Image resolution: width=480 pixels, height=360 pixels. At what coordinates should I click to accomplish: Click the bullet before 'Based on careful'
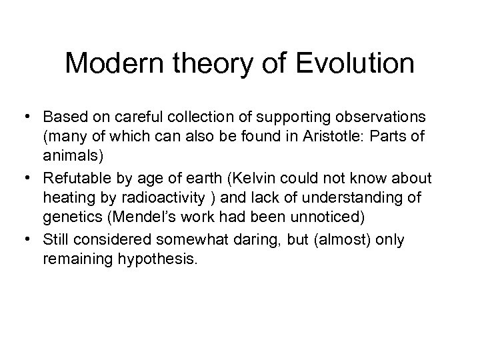[x=31, y=116]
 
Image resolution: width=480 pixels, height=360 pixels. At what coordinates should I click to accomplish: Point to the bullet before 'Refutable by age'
[x=31, y=180]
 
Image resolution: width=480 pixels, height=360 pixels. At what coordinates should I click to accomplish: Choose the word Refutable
[x=74, y=180]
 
